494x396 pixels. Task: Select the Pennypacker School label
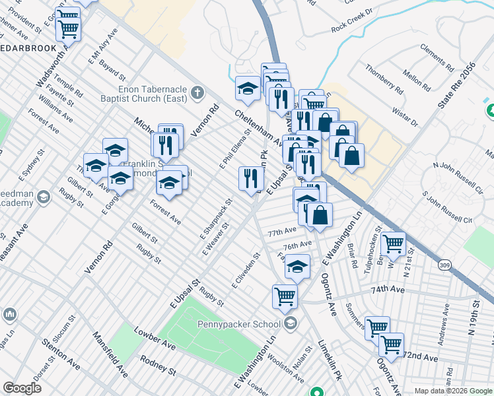(x=240, y=324)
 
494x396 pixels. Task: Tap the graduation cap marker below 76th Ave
(x=297, y=267)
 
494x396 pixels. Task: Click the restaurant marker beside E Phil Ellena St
(x=251, y=178)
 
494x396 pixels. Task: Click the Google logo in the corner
(x=22, y=388)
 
